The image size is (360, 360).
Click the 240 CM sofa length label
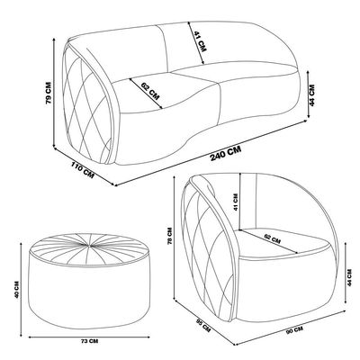tap(226, 153)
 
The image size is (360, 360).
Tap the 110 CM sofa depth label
tap(83, 170)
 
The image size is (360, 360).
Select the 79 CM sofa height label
tap(49, 93)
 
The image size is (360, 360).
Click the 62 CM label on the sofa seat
tap(150, 91)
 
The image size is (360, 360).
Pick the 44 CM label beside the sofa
tap(312, 94)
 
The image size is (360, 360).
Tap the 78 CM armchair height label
tap(170, 235)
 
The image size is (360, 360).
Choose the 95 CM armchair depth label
tap(203, 325)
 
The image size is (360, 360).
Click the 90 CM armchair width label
tap(294, 330)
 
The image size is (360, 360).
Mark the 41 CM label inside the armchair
tap(236, 202)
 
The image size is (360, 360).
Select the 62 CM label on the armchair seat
tap(273, 238)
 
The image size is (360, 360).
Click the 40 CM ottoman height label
tap(17, 290)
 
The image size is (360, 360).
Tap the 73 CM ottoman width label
tap(89, 341)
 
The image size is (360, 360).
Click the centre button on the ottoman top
tap(89, 246)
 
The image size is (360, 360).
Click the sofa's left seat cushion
tap(168, 93)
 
